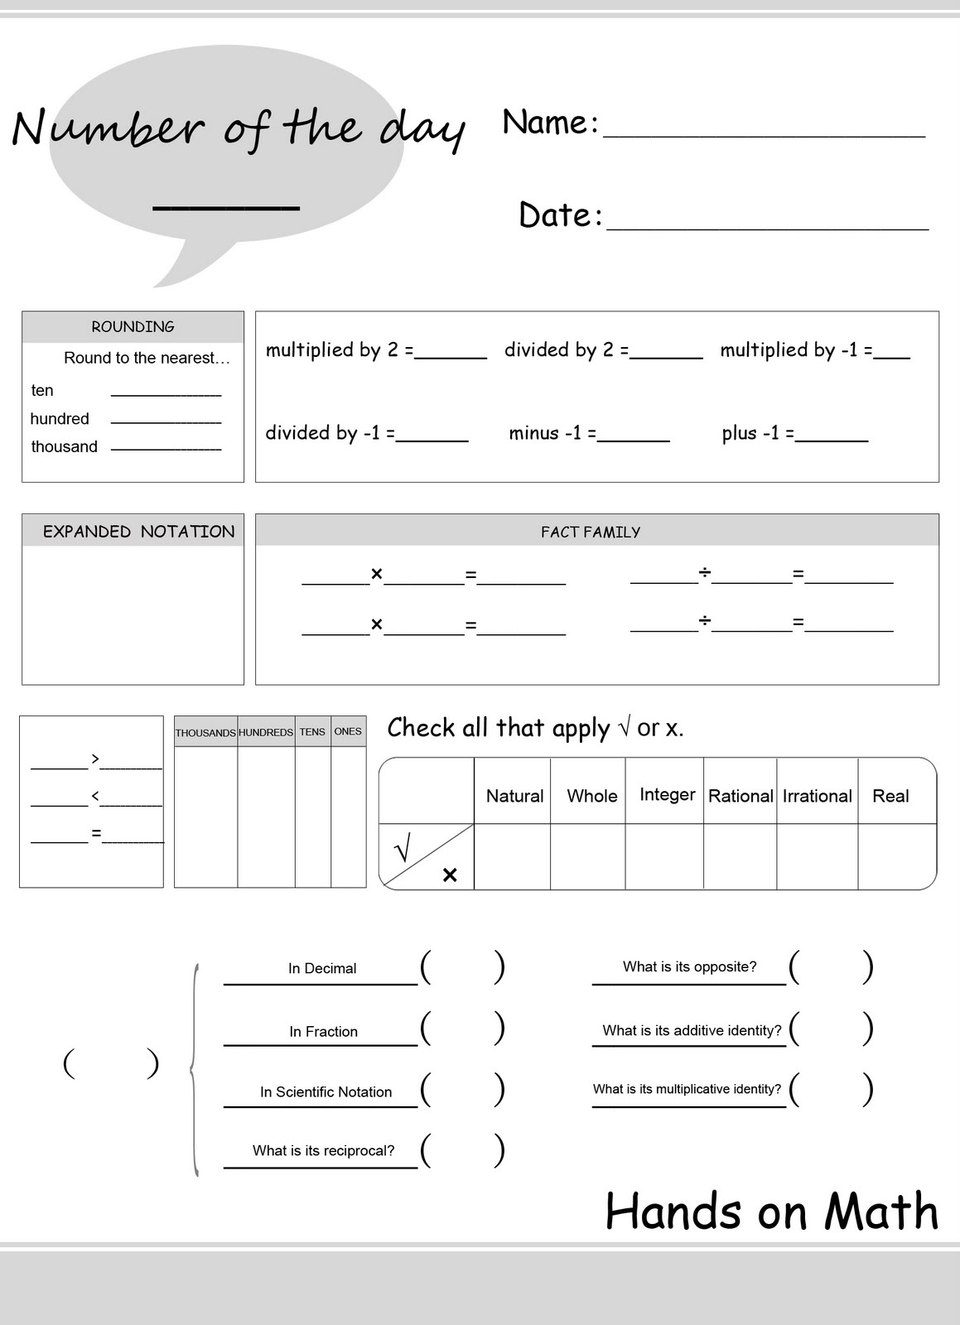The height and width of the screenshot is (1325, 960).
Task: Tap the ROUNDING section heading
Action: click(x=133, y=327)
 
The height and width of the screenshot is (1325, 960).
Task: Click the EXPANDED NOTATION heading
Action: click(x=138, y=532)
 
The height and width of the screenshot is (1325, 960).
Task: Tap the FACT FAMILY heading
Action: click(x=591, y=532)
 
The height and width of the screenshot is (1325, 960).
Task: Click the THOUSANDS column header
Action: click(x=205, y=733)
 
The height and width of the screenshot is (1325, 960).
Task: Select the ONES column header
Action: click(x=348, y=732)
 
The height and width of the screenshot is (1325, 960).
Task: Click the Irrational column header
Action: click(x=817, y=796)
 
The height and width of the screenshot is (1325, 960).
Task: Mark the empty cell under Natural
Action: click(x=512, y=856)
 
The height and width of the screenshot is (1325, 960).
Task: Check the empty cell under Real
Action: click(x=896, y=856)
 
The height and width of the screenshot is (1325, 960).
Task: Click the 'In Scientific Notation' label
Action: click(x=326, y=1092)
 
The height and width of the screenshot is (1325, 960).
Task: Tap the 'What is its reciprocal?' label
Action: click(x=323, y=1150)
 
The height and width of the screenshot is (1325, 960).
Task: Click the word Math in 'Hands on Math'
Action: click(x=881, y=1212)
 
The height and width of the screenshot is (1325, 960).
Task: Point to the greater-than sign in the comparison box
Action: click(x=95, y=758)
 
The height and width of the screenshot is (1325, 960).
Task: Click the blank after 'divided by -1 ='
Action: click(x=432, y=436)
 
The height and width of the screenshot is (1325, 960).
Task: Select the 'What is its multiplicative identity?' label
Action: click(x=687, y=1089)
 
